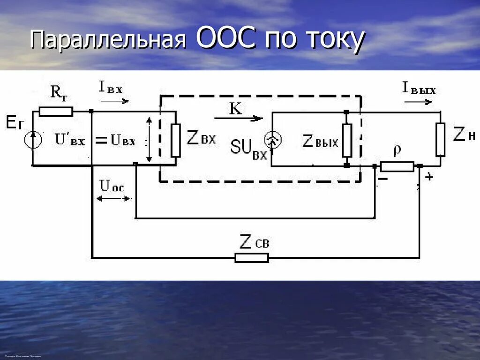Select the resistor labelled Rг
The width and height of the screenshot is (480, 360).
(56, 112)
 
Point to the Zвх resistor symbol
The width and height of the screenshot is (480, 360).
(176, 140)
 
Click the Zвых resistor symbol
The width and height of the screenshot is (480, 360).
(347, 140)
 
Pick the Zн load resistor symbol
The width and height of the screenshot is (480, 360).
(440, 139)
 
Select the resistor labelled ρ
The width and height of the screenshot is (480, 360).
(397, 166)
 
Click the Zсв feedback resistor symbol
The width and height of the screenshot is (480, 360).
(252, 257)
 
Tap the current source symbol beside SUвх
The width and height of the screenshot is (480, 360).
(272, 140)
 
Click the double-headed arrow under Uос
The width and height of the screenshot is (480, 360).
(113, 199)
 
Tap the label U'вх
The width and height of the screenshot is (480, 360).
(70, 139)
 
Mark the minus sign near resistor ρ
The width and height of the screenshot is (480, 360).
(383, 179)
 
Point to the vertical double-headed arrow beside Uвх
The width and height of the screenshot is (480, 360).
(149, 140)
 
